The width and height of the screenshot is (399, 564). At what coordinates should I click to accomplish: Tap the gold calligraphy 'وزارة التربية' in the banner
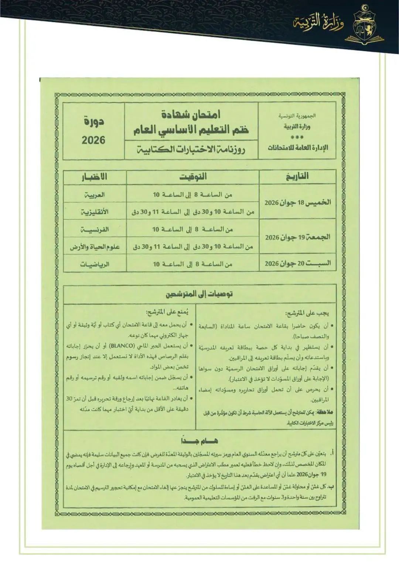point(319,23)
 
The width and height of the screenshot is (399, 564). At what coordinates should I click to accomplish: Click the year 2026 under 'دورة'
point(93,140)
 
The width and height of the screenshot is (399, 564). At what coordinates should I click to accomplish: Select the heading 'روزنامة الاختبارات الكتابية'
point(191,150)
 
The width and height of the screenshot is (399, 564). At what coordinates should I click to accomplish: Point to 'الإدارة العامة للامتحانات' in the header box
point(298,148)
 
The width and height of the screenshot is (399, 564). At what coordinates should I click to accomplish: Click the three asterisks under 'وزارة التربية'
point(297,137)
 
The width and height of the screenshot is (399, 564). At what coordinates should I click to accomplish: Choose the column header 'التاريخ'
point(297,177)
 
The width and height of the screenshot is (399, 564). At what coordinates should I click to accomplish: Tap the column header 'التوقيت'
point(193,177)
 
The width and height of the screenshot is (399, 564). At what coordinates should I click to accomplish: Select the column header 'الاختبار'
point(95,177)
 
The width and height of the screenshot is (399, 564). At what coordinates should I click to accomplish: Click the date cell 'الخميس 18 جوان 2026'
point(298,202)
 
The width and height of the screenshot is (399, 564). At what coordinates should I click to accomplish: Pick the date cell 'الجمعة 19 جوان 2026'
point(298,237)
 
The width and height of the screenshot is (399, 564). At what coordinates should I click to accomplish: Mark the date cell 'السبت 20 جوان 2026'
point(298,264)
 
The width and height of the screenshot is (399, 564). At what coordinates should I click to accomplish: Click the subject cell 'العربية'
point(95,194)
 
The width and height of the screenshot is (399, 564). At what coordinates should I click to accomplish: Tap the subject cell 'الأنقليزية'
point(95,212)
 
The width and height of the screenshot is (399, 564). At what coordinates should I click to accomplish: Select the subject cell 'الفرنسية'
point(95,229)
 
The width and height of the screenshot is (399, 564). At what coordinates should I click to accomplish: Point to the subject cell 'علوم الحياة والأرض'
point(95,247)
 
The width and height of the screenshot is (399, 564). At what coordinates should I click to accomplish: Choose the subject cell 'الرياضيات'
point(95,264)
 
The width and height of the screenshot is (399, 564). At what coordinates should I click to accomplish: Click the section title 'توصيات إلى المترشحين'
point(199,294)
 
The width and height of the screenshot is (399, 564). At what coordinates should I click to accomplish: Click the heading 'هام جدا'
point(199,441)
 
